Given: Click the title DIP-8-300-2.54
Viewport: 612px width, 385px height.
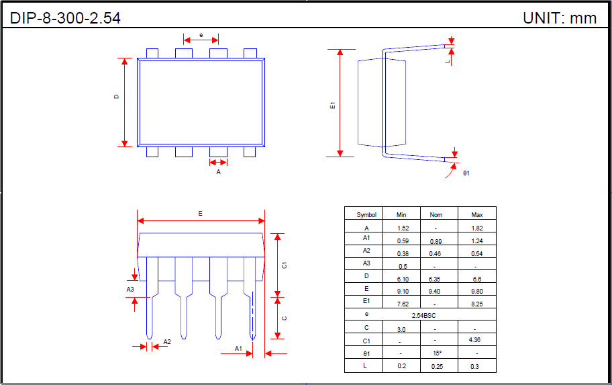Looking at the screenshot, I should click(x=66, y=18).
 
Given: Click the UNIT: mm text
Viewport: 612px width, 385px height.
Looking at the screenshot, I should click(x=560, y=18).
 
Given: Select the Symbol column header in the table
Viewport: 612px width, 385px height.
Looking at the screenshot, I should click(x=366, y=215).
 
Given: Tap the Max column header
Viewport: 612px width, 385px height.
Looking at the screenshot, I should click(x=476, y=215).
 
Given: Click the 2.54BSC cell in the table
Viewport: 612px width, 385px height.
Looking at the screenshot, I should click(x=420, y=315).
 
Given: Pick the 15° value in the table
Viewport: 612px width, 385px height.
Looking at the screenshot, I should click(x=437, y=353).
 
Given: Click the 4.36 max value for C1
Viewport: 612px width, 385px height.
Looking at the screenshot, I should click(x=476, y=341).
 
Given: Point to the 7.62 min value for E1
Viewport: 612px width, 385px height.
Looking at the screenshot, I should click(x=402, y=304).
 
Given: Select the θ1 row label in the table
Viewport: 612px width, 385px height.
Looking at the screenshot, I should click(x=366, y=353).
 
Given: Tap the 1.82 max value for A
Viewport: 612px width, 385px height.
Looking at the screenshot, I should click(x=476, y=228).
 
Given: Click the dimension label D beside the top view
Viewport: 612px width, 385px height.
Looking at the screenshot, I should click(x=116, y=97).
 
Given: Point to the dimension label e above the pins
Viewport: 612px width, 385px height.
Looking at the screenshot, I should click(x=201, y=34).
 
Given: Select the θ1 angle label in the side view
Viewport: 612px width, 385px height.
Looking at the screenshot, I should click(x=466, y=173).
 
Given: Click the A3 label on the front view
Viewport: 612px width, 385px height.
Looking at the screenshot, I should click(x=130, y=290).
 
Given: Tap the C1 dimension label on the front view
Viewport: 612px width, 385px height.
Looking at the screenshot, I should click(x=285, y=265).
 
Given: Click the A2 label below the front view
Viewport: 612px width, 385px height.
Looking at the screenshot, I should click(x=167, y=342).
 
